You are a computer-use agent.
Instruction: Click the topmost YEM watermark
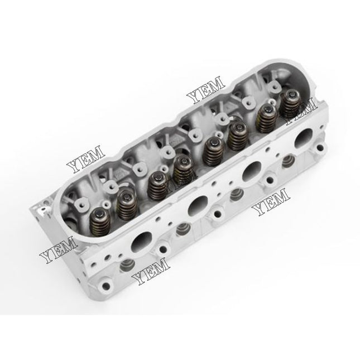(x=206, y=92)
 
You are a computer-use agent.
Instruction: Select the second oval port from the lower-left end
(x=195, y=206)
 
